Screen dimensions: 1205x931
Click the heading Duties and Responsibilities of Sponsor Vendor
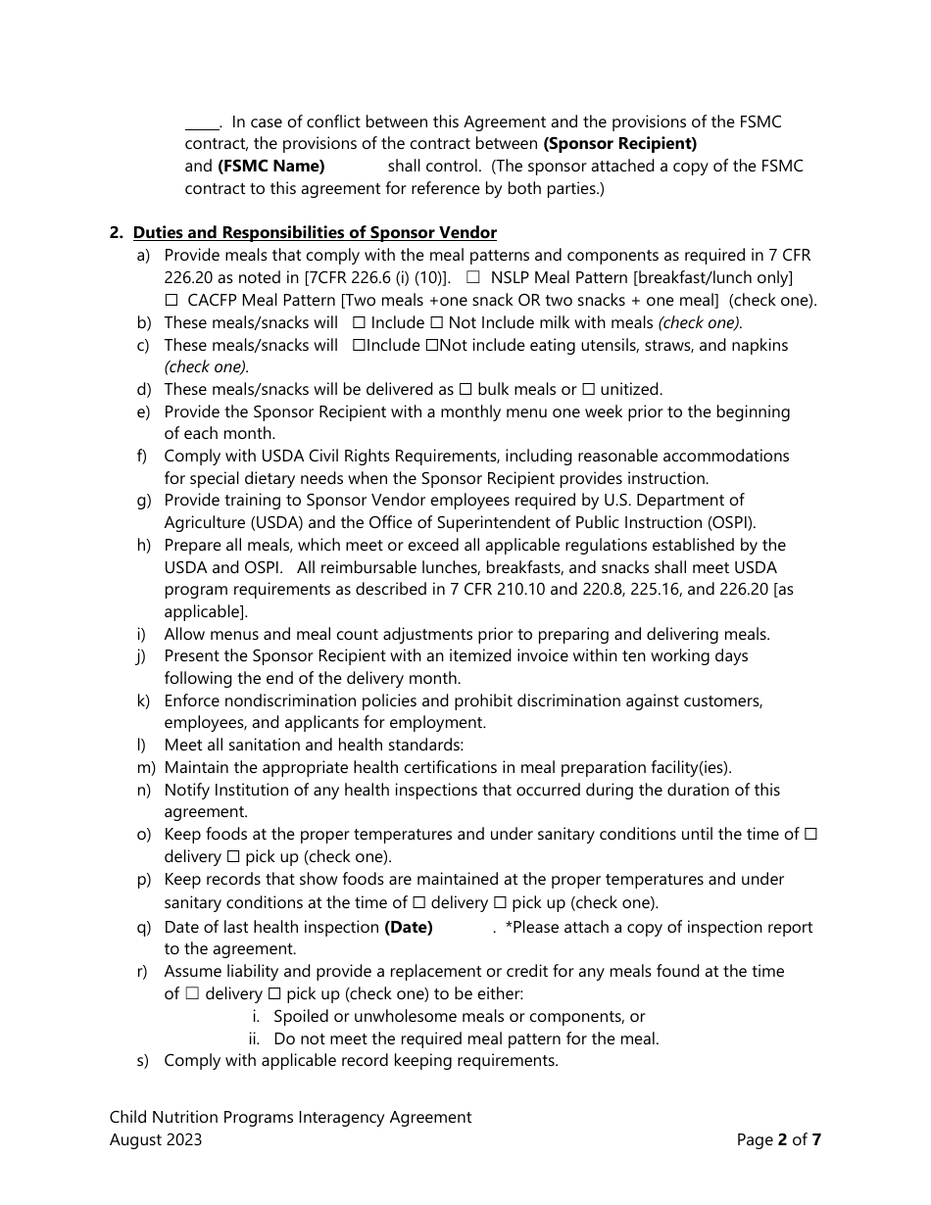[x=315, y=232]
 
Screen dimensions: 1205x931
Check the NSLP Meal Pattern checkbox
[x=472, y=278]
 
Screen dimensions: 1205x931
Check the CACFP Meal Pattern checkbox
[x=171, y=301]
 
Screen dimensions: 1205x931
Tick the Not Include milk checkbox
[x=437, y=322]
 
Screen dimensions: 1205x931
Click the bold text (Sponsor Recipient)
[x=620, y=144]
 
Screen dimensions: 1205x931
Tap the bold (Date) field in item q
[x=409, y=927]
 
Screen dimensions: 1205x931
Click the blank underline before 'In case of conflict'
[x=202, y=123]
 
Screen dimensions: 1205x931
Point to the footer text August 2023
[x=156, y=1139]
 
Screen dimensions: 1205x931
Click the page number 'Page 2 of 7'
[x=778, y=1139]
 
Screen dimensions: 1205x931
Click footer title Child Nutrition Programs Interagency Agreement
[x=290, y=1117]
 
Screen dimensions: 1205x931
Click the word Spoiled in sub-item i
[x=302, y=1016]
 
